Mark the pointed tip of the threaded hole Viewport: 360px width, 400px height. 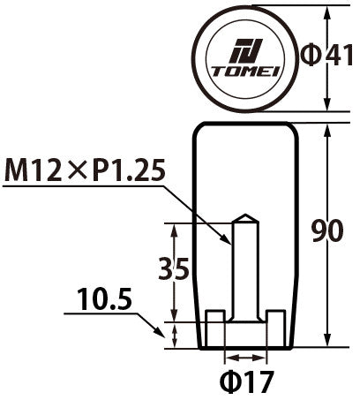click(246, 217)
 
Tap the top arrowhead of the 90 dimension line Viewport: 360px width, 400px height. click(328, 129)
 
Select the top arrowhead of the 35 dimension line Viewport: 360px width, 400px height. click(174, 226)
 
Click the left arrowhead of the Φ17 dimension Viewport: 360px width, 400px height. click(229, 358)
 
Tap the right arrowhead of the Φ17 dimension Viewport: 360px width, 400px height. click(262, 358)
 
